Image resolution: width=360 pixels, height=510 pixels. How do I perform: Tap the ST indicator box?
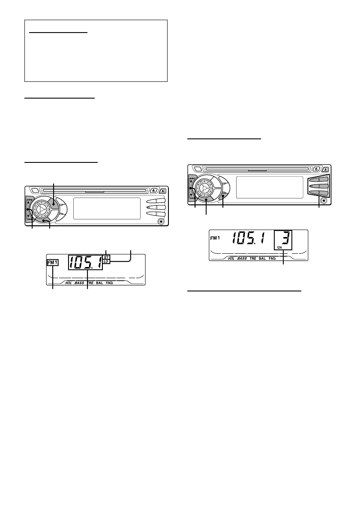coord(106,257)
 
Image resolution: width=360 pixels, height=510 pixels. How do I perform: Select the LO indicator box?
coord(106,261)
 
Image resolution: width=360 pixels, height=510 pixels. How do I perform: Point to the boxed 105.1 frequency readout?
coord(85,262)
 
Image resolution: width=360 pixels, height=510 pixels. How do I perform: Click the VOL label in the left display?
coord(69,283)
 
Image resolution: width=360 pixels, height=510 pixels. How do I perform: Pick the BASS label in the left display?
coord(79,283)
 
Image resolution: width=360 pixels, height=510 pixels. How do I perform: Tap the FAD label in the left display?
coord(110,283)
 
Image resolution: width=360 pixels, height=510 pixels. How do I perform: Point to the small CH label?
coord(279,248)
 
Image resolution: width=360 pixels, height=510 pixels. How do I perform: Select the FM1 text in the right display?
coord(215,238)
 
